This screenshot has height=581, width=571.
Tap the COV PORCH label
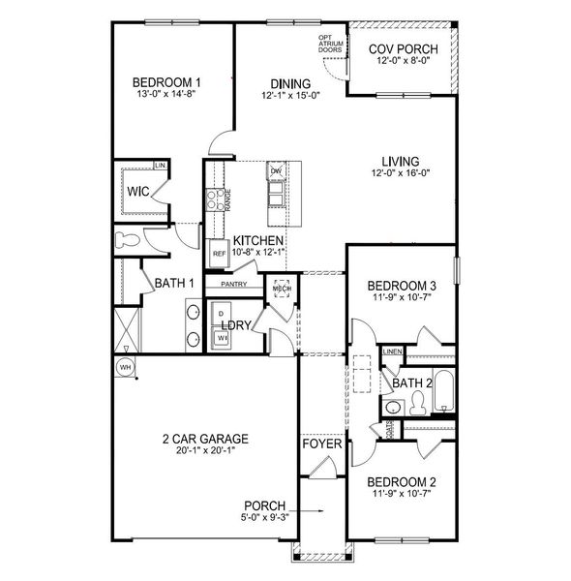click(404, 49)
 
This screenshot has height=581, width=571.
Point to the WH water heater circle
click(125, 367)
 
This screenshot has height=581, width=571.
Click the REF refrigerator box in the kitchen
click(219, 253)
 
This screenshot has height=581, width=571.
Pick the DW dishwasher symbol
click(276, 172)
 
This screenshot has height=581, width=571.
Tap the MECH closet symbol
click(282, 290)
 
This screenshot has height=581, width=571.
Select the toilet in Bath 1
click(126, 238)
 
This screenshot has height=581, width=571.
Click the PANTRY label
click(235, 285)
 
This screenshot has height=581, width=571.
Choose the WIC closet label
click(137, 191)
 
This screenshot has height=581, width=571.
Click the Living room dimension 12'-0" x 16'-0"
click(399, 174)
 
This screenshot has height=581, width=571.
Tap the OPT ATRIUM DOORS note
click(331, 44)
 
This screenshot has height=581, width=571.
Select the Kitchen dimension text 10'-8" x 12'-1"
click(256, 254)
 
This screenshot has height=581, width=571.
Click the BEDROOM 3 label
click(403, 287)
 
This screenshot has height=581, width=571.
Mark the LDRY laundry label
click(237, 325)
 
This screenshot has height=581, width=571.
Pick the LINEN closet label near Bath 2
click(392, 352)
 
